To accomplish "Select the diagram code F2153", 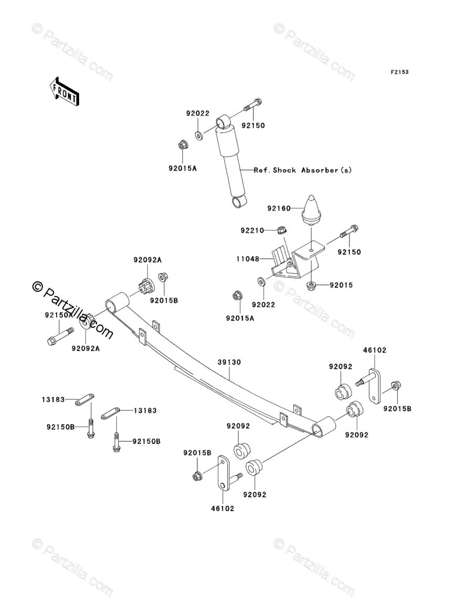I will (x=399, y=72).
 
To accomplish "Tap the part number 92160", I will (x=292, y=208).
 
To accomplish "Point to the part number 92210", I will (x=251, y=230).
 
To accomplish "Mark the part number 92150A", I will (x=58, y=315).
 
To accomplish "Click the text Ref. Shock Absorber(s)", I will (x=303, y=170).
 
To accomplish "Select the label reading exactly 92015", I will (x=342, y=285).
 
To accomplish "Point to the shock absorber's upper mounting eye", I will (x=223, y=122).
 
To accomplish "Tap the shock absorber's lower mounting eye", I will (x=239, y=201).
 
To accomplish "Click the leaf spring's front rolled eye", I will (x=118, y=304).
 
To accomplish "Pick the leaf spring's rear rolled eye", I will (x=324, y=427).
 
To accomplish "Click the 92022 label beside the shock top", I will (x=197, y=113).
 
